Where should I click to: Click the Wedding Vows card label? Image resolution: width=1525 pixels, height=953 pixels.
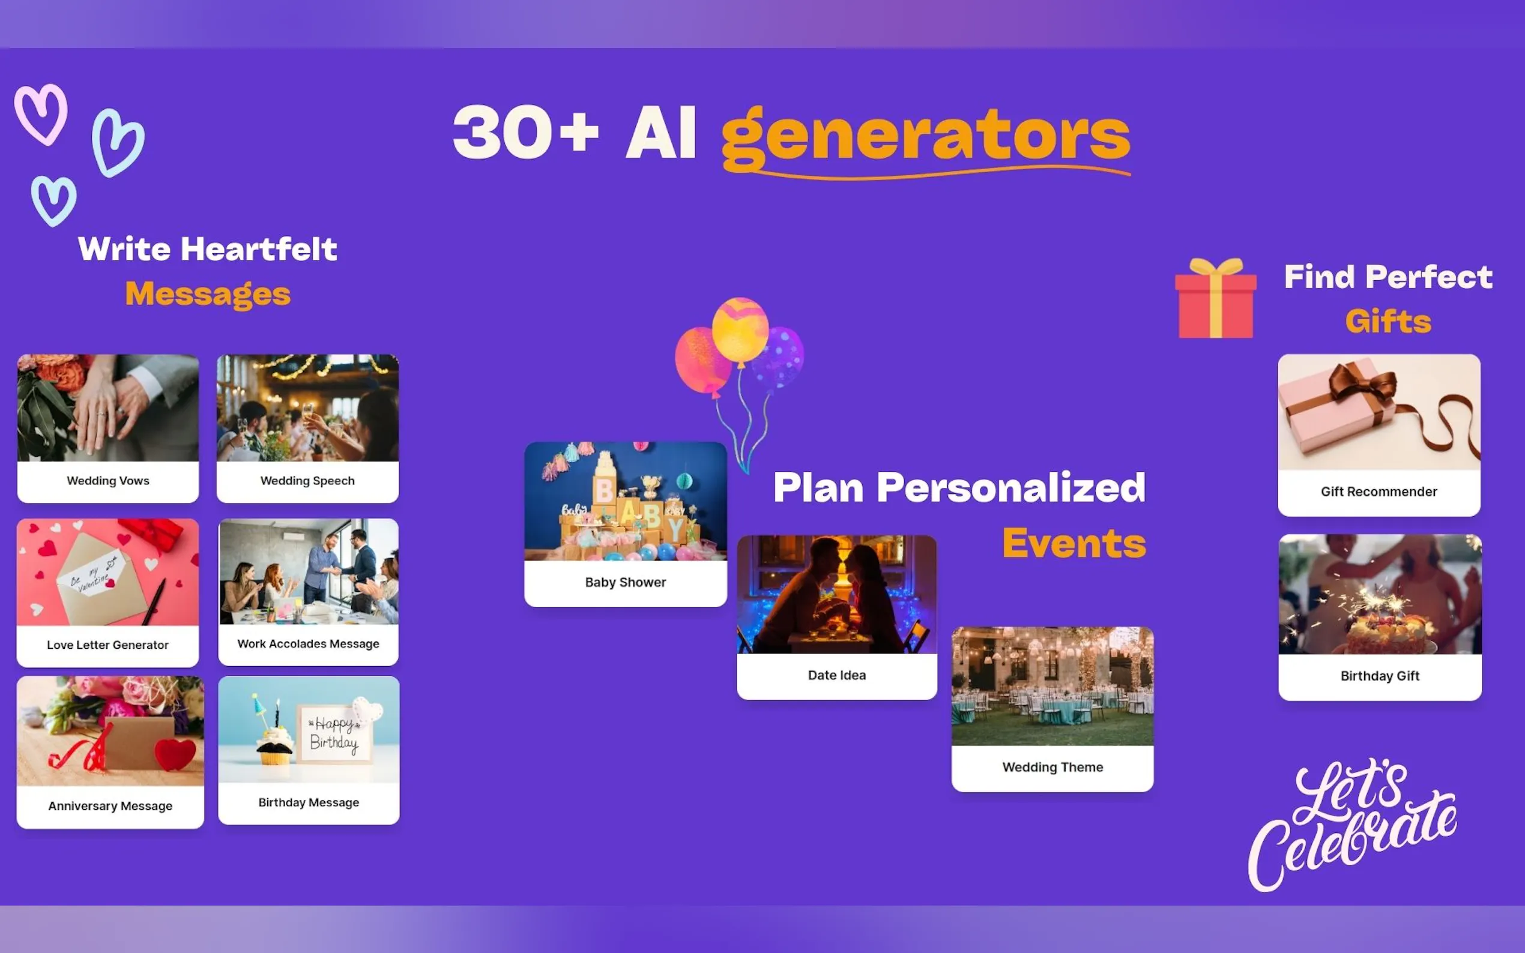click(108, 481)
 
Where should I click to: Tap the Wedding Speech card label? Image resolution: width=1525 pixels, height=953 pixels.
click(307, 481)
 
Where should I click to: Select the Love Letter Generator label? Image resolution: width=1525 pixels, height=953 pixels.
click(108, 645)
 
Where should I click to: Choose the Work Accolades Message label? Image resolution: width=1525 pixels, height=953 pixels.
click(308, 643)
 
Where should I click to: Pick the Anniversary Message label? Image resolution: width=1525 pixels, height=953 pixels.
click(110, 806)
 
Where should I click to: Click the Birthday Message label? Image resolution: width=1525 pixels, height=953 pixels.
click(309, 802)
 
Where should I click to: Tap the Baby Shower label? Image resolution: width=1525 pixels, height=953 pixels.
click(626, 582)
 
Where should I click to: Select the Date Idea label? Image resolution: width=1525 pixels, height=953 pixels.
click(837, 675)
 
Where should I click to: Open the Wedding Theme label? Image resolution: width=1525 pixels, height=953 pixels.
click(1053, 767)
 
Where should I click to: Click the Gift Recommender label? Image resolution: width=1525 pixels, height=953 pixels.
click(1379, 492)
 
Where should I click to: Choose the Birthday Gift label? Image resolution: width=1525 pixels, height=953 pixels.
click(1380, 676)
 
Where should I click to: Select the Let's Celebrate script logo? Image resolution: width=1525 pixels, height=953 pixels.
click(1352, 826)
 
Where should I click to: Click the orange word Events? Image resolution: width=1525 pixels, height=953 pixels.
click(1074, 543)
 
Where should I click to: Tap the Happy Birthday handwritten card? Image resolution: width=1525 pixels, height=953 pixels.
click(335, 734)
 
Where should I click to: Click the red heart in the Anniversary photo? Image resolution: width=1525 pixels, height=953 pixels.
click(175, 754)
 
